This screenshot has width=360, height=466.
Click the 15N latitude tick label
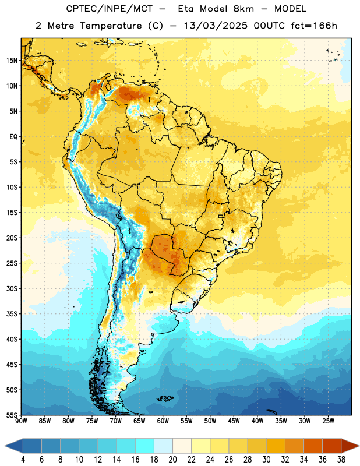coord(12,61)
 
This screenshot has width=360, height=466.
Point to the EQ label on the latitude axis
coord(13,137)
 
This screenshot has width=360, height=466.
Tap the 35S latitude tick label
coord(12,314)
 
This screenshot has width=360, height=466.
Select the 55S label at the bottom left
coord(12,415)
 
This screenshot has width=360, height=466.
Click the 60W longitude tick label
coord(163,421)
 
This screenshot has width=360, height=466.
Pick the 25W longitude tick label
coord(328,421)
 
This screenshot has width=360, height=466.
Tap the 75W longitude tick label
coord(92,421)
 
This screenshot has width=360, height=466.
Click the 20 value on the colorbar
coord(172,460)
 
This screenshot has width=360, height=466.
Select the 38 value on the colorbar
coord(341,460)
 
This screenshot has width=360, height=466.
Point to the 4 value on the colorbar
coord(23,460)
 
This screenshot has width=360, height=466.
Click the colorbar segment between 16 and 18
coord(144,446)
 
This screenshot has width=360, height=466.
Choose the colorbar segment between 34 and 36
coord(313,446)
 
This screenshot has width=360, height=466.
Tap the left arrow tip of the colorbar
coord(5,446)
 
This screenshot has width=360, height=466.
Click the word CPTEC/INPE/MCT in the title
coord(110,9)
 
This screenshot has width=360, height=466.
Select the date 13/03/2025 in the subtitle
coord(216,26)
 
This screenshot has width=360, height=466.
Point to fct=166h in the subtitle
coord(314,26)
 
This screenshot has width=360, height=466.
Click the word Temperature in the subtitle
coord(111,26)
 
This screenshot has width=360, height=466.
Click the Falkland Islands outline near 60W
coord(165,398)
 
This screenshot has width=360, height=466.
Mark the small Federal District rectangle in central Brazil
coord(221,216)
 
